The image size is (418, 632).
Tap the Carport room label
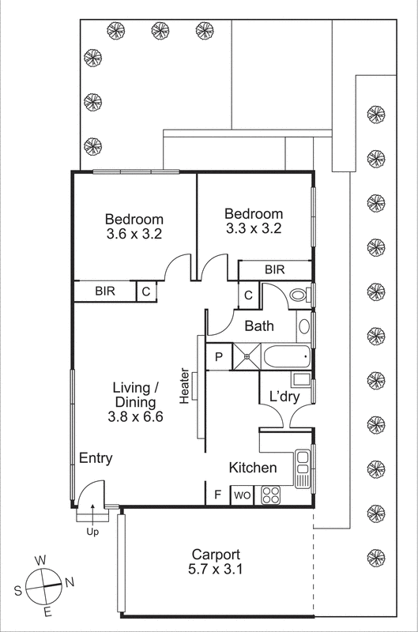(215, 555)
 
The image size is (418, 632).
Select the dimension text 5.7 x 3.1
(215, 569)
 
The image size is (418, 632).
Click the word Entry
(95, 458)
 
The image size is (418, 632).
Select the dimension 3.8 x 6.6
(137, 418)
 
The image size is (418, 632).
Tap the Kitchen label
(253, 468)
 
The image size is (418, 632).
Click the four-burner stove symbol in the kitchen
(270, 495)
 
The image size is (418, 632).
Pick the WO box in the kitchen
(242, 496)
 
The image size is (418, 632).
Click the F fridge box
(218, 496)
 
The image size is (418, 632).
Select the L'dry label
(283, 396)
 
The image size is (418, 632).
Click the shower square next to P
(246, 356)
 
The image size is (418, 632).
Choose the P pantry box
(219, 357)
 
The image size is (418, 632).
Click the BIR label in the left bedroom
(105, 292)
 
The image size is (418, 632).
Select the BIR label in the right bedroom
(274, 270)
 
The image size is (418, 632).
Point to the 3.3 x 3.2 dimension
(253, 229)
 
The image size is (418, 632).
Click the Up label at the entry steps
(92, 532)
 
